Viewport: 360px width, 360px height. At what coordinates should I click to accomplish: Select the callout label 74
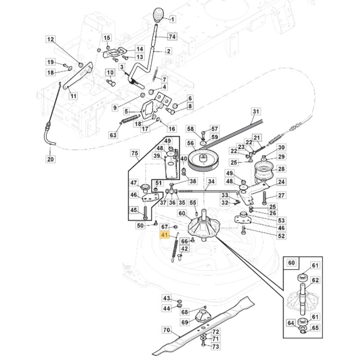tap(172, 36)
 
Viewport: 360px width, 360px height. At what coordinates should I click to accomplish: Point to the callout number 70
tap(166, 330)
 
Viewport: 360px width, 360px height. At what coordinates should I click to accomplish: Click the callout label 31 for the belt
tap(256, 111)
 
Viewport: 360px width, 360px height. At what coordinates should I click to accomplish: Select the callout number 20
tap(50, 159)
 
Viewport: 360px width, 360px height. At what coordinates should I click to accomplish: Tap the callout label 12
tap(50, 40)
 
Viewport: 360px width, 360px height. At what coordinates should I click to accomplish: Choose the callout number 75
tap(135, 153)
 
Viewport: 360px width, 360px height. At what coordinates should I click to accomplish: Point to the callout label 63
tap(113, 135)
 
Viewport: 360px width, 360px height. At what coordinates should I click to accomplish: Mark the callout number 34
tap(211, 181)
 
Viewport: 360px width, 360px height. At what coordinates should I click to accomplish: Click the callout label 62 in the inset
tap(315, 280)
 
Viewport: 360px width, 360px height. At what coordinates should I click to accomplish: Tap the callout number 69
tap(184, 323)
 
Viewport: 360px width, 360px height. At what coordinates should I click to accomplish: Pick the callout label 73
tap(216, 346)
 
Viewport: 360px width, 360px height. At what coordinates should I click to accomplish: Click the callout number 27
tap(281, 195)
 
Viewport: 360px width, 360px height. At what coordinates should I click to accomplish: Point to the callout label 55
tap(193, 203)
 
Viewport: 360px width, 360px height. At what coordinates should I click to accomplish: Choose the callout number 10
tap(110, 73)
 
